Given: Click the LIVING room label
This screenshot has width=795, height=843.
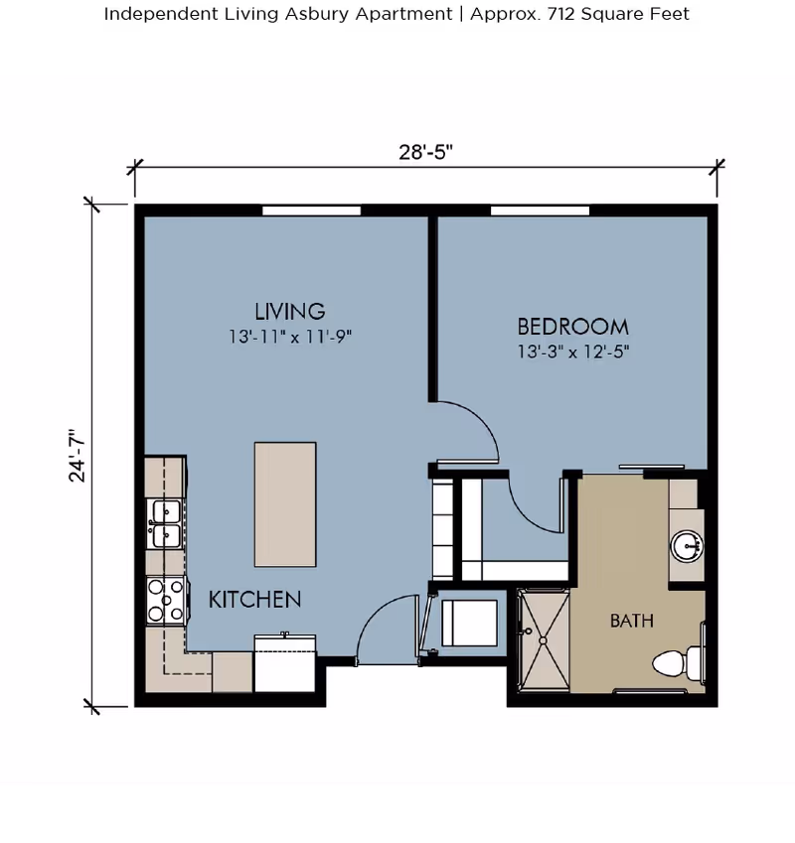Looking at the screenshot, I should (289, 311).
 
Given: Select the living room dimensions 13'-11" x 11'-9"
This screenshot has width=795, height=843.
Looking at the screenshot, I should (289, 337).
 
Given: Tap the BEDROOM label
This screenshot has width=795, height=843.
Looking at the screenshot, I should (572, 326).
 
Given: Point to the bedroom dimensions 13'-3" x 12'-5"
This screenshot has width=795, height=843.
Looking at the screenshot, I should (573, 351).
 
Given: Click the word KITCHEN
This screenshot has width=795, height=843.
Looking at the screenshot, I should (254, 600).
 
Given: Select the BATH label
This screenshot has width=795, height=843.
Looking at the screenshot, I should (631, 622).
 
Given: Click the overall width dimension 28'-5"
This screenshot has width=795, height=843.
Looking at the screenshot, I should (426, 152).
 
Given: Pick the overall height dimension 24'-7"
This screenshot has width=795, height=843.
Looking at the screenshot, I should (78, 456).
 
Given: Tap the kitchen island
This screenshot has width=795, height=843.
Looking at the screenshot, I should (285, 502).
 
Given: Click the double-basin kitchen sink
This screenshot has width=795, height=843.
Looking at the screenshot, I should (164, 523).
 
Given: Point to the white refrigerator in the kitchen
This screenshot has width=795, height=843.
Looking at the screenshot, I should (285, 663).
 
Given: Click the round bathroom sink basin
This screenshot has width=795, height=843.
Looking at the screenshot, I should (686, 545).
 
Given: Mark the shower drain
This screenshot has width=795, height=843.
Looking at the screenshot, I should (543, 640).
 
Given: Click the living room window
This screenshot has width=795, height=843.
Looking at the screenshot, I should (311, 210).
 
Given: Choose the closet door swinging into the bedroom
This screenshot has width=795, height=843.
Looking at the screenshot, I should (537, 501).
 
